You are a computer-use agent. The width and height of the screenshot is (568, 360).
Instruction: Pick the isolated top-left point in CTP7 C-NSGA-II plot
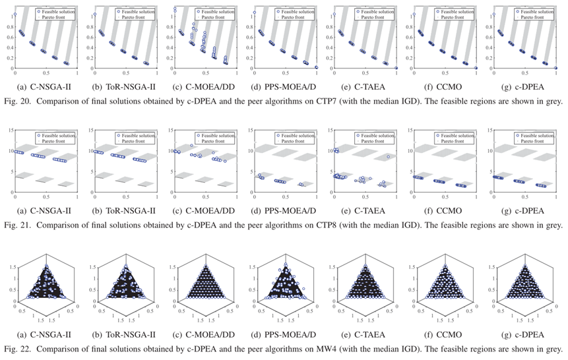click(x=16, y=14)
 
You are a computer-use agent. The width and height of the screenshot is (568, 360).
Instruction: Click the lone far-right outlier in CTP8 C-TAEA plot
click(x=388, y=157)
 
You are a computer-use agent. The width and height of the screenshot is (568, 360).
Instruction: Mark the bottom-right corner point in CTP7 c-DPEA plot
click(x=556, y=68)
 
